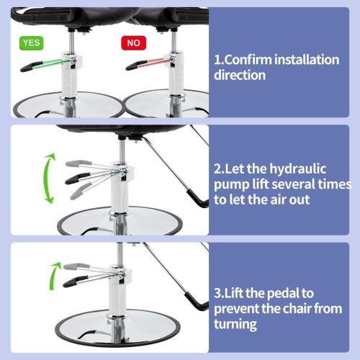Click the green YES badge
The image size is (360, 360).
(32, 43)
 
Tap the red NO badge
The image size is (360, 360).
(133, 43)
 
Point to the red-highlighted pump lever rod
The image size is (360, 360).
(156, 63)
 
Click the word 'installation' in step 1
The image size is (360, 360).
(307, 60)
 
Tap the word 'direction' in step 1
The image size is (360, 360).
(240, 75)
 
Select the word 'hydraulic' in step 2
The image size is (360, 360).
(298, 169)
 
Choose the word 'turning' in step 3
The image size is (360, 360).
(235, 325)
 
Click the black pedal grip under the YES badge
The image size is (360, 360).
(31, 67)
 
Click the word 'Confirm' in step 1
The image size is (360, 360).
(248, 60)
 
